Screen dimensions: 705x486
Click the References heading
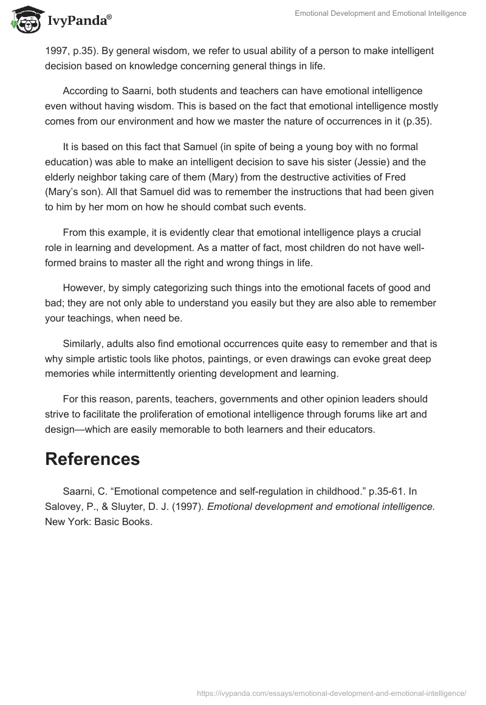pyautogui.click(x=92, y=459)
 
